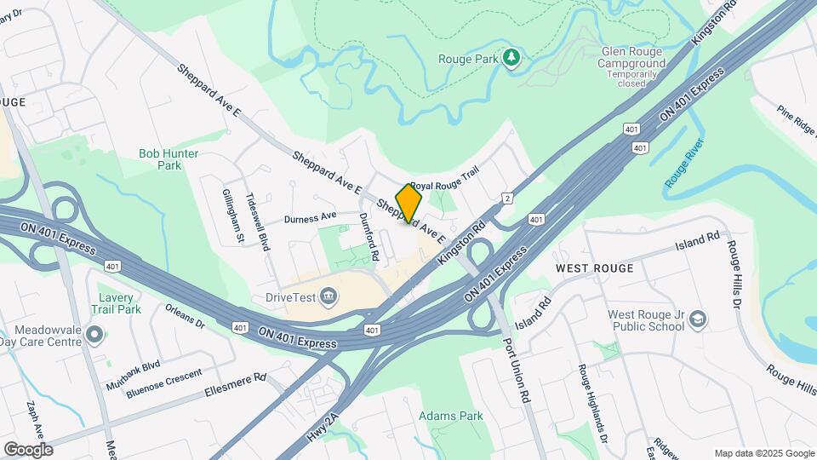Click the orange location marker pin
click(x=408, y=204)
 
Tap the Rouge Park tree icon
click(x=511, y=58)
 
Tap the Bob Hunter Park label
click(x=169, y=159)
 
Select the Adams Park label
click(x=450, y=416)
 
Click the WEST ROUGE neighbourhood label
click(x=594, y=268)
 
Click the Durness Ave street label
click(x=311, y=217)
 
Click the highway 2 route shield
click(x=507, y=198)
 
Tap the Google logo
click(x=28, y=449)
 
